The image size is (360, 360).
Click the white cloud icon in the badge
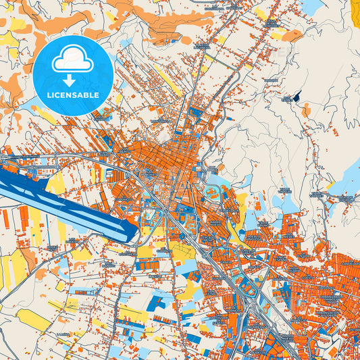click(73, 59)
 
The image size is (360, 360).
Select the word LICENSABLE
click(72, 95)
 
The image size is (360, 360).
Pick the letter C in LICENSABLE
click(59, 95)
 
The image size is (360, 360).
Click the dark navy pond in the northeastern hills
click(296, 97)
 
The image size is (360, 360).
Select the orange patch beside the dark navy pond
click(307, 108)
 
